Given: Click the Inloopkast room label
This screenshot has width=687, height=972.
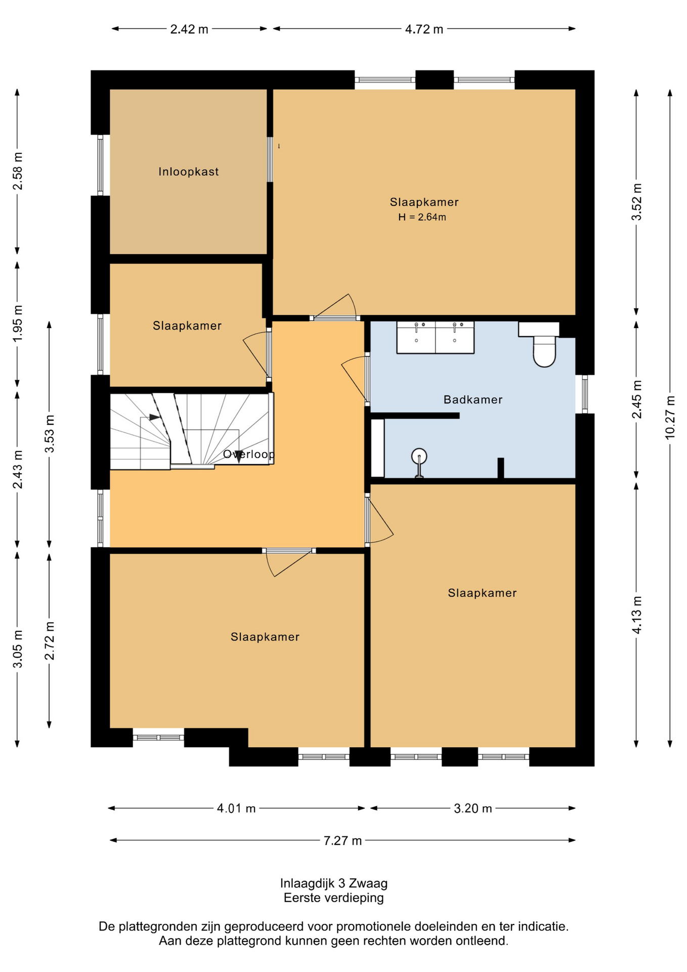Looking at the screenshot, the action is click(188, 172).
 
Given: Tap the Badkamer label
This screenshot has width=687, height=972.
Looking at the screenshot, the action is click(473, 399).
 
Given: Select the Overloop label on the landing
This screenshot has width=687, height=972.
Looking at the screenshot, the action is click(249, 454).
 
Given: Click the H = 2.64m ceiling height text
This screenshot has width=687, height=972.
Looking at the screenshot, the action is click(422, 217).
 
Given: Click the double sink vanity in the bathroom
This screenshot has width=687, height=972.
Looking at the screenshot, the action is click(435, 337).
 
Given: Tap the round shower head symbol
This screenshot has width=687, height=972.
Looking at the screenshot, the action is click(419, 457).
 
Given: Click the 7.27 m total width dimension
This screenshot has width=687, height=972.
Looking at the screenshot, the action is click(342, 840).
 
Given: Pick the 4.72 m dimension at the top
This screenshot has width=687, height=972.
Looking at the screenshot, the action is click(424, 29).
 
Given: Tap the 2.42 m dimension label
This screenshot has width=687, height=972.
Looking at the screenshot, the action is click(189, 29).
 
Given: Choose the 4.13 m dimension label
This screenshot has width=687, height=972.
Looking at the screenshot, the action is click(636, 615).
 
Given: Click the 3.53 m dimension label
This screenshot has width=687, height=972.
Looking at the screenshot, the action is click(49, 434).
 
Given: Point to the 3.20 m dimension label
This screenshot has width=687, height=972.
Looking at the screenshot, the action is click(473, 808).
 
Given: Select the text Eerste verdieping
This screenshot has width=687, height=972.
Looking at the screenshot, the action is click(334, 898).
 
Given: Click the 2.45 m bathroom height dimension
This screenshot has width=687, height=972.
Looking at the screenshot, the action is click(636, 399).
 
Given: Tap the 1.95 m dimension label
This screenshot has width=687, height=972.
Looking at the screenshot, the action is click(17, 323).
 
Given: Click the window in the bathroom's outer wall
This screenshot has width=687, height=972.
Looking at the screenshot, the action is click(585, 394).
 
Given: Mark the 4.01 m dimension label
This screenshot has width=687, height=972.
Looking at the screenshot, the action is click(236, 808).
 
